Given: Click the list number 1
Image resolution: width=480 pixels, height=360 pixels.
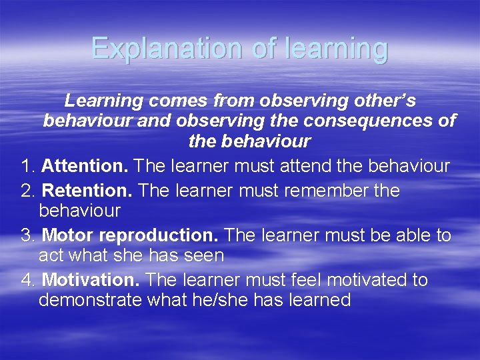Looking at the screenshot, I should click(x=27, y=166).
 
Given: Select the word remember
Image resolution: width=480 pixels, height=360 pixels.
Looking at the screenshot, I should click(x=324, y=191).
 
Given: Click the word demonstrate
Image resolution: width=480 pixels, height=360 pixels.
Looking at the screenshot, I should click(x=90, y=300).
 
